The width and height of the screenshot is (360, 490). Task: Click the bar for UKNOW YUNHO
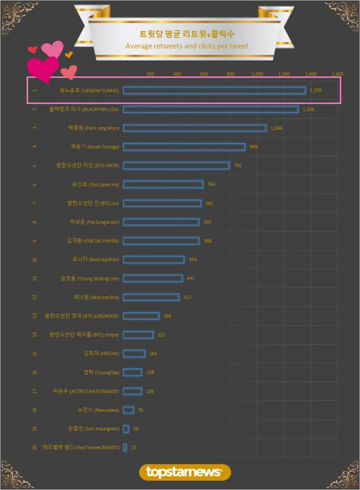[214, 90]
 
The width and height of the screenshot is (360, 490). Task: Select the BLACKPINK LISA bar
[211, 109]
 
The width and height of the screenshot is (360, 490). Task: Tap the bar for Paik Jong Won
[194, 128]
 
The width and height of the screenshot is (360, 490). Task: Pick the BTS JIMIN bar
[176, 166]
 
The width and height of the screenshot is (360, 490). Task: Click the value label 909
[253, 147]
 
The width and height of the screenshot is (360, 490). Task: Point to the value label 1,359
[316, 90]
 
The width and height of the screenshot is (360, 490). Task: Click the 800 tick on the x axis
[230, 74]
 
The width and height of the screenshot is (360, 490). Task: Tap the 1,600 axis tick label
[337, 74]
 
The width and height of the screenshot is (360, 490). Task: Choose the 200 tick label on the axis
[150, 74]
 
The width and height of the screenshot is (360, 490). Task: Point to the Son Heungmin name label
[93, 429]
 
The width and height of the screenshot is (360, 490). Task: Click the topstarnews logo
[185, 472]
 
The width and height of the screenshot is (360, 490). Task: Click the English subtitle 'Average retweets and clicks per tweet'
[187, 46]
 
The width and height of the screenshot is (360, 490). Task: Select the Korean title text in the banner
[187, 34]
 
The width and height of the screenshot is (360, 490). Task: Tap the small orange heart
[69, 54]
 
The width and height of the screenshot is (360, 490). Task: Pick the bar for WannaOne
[151, 297]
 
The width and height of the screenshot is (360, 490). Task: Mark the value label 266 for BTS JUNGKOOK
[167, 316]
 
